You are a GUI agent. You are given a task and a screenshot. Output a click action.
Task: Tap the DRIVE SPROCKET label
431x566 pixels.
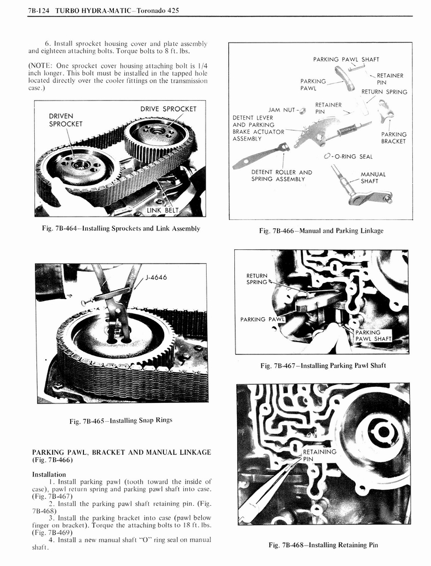click(x=168, y=108)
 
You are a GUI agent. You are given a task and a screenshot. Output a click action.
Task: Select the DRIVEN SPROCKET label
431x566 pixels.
click(x=65, y=119)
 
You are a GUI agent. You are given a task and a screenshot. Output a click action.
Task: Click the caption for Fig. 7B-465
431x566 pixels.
click(x=120, y=420)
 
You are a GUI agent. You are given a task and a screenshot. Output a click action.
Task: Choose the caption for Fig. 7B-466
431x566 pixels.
click(x=321, y=230)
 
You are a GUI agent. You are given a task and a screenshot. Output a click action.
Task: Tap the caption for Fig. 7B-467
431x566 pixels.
click(x=323, y=365)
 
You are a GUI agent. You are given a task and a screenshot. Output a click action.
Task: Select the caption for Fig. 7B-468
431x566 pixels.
click(x=323, y=545)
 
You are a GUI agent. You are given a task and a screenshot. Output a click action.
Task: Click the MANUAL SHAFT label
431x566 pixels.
click(x=373, y=177)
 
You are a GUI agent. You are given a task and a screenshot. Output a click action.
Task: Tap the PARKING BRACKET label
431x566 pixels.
click(x=393, y=138)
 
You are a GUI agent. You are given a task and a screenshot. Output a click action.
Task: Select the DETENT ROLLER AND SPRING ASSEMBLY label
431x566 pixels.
click(x=281, y=175)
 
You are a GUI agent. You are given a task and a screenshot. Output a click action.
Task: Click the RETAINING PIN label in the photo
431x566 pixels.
click(x=319, y=455)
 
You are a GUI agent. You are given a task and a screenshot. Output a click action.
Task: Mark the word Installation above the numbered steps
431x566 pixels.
click(x=49, y=474)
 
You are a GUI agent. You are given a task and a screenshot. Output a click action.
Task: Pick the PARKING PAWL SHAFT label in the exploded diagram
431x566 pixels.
click(x=346, y=60)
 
